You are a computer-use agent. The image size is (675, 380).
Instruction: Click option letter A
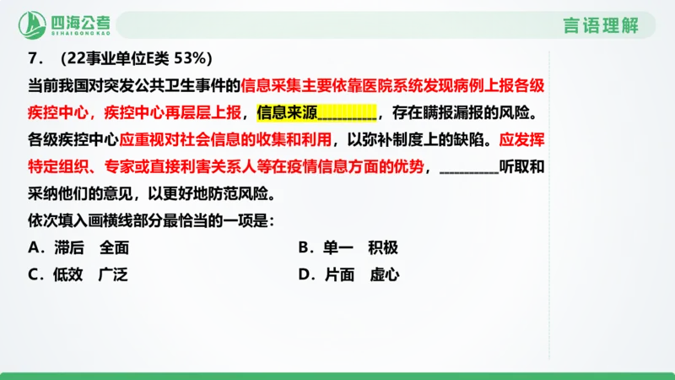pyautogui.click(x=34, y=248)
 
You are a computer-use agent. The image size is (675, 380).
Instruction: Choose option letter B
pyautogui.click(x=305, y=248)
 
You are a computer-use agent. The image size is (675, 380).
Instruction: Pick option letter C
pyautogui.click(x=34, y=274)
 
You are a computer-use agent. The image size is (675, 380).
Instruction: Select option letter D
pyautogui.click(x=305, y=274)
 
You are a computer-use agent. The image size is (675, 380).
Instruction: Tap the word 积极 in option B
pyautogui.click(x=382, y=248)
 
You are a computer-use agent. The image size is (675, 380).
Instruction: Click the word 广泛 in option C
pyautogui.click(x=112, y=274)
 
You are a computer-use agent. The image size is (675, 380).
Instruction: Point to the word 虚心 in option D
pyautogui.click(x=384, y=274)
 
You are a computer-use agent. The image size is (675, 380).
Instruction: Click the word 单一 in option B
pyautogui.click(x=337, y=248)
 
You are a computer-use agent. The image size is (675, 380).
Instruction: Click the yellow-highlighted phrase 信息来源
pyautogui.click(x=285, y=111)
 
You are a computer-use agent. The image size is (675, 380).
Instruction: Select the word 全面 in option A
pyautogui.click(x=114, y=248)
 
